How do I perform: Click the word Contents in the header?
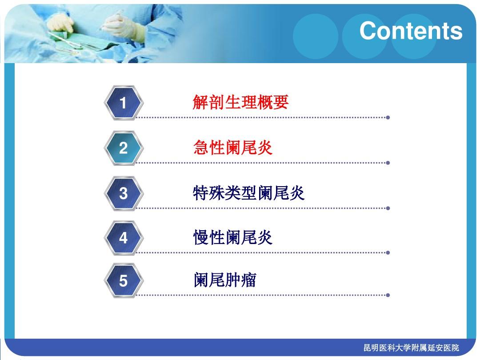pos(411,31)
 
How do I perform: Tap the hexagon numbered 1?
pos(123,103)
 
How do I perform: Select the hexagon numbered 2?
pos(123,148)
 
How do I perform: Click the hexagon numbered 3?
pos(123,193)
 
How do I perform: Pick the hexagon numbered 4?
pos(123,238)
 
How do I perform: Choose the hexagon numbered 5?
pos(123,281)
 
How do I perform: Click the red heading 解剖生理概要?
pos(240,103)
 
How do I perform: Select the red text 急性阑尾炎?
pos(233,148)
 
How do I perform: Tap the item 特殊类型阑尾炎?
pos(249,193)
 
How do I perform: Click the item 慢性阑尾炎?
pos(233,238)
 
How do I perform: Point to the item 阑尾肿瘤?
pos(225,280)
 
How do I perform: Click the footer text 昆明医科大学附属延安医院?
pos(411,348)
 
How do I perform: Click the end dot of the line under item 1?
pos(388,118)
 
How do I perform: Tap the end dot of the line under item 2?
pos(388,163)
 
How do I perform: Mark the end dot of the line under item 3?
pos(388,208)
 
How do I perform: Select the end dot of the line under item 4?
pos(388,252)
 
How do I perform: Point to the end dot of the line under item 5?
pos(388,295)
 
